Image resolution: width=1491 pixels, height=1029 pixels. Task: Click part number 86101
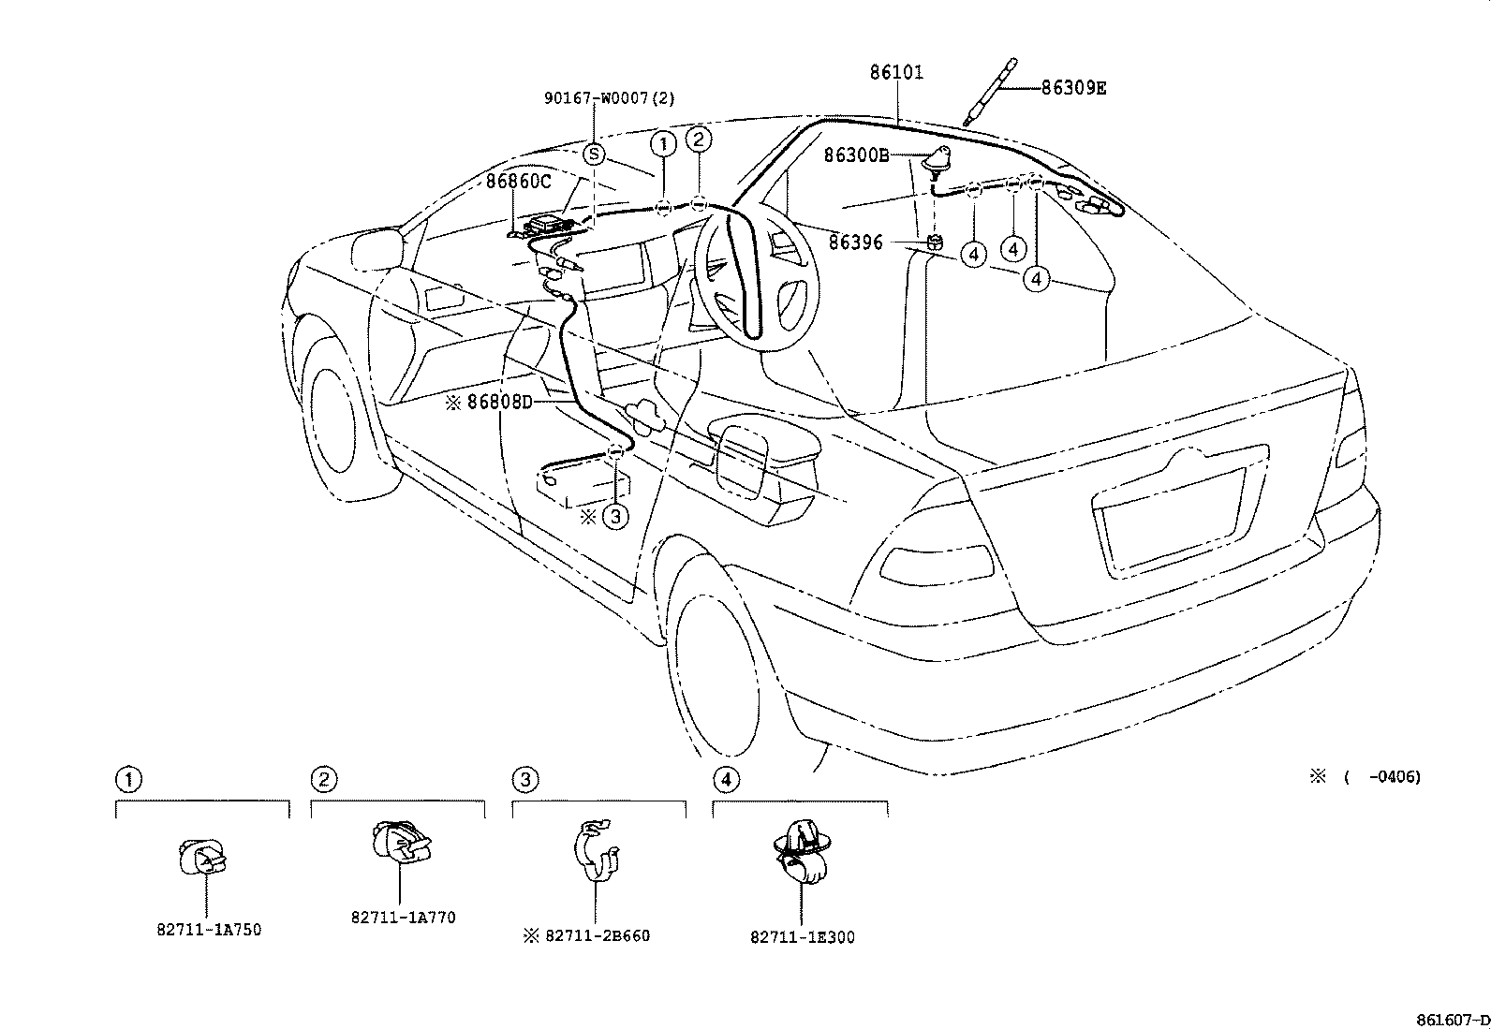[896, 72]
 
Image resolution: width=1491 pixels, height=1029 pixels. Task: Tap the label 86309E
[1073, 88]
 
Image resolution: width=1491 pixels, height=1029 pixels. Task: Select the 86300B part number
[857, 155]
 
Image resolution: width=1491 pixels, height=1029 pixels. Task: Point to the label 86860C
[519, 181]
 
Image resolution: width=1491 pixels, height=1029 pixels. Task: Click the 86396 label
[855, 243]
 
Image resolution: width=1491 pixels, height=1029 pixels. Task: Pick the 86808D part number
[500, 402]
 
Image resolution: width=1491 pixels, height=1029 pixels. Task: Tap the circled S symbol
[594, 154]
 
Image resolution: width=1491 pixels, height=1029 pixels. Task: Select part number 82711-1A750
[209, 930]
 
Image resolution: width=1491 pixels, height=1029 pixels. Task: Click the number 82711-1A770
[404, 918]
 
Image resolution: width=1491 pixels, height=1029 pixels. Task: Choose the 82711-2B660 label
[598, 935]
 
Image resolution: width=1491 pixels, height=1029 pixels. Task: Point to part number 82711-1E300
[802, 936]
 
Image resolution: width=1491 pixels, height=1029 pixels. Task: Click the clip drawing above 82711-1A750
[203, 859]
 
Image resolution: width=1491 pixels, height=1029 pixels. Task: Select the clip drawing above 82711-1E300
[802, 851]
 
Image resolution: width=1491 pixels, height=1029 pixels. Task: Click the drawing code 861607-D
[1453, 1020]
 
